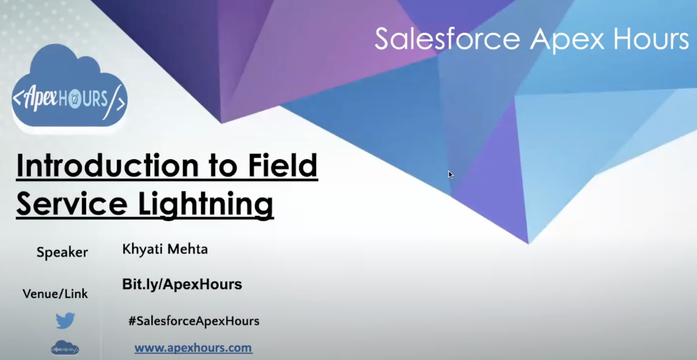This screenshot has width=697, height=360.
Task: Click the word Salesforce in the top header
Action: tap(447, 39)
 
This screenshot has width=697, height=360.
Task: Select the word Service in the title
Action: tap(72, 204)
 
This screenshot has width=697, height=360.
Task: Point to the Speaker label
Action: tap(62, 252)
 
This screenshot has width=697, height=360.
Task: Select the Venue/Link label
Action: tap(55, 294)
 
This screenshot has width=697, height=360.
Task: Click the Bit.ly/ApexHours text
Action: tap(182, 284)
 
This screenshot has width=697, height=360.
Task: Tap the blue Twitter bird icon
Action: tap(65, 320)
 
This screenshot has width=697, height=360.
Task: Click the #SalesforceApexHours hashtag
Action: tap(194, 321)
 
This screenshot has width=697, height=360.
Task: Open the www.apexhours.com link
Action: tap(193, 348)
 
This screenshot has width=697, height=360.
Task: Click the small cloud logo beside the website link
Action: tap(65, 348)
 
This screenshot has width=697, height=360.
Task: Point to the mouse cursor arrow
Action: tap(451, 175)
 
